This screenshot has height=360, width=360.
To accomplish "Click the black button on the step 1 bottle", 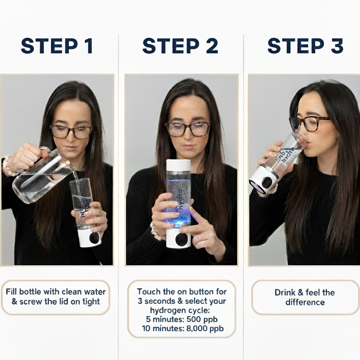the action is [x=94, y=238].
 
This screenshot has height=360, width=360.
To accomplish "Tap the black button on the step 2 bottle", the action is [x=181, y=240].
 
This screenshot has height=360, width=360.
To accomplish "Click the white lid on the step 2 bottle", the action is [x=178, y=165].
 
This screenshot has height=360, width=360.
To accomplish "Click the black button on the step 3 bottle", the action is [x=267, y=182].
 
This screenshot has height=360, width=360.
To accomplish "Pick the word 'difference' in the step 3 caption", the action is [x=305, y=302].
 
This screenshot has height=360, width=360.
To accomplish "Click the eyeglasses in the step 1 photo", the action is [x=71, y=132].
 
